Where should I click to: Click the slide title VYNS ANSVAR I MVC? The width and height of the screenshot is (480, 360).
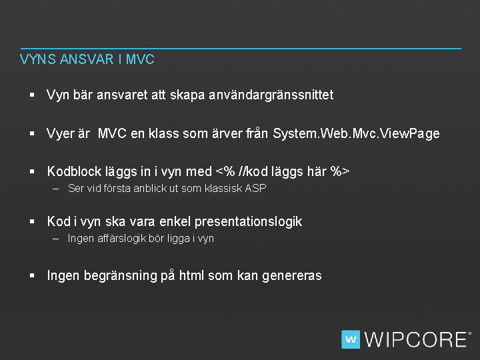coord(87,59)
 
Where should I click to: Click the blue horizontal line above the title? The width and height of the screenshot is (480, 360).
coord(240,48)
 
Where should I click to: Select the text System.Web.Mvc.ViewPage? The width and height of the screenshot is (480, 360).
coord(357,133)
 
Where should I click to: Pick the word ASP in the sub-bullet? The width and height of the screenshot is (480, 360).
coord(255,189)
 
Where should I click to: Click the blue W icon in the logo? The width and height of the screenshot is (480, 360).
coord(351,339)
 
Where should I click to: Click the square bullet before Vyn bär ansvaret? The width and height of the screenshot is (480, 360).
coord(32,95)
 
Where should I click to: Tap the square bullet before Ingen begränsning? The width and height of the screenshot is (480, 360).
coord(32,275)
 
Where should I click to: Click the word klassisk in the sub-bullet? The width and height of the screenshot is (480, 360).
coord(223,189)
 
